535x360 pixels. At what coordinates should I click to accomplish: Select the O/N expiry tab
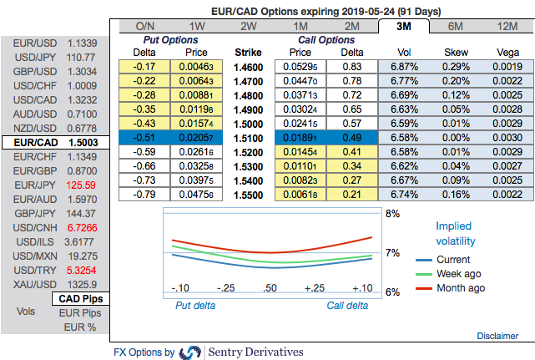tap(144, 26)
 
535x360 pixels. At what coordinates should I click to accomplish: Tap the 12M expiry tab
tap(506, 26)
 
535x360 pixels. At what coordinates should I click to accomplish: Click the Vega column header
tap(502, 52)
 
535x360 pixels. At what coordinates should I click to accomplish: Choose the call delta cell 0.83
tap(351, 65)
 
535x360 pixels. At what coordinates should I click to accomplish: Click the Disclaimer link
tap(497, 336)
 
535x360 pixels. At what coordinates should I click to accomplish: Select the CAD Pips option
tap(82, 299)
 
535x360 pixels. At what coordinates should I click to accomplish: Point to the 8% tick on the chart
tap(391, 214)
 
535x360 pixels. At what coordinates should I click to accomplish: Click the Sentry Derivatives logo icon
tap(191, 352)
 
